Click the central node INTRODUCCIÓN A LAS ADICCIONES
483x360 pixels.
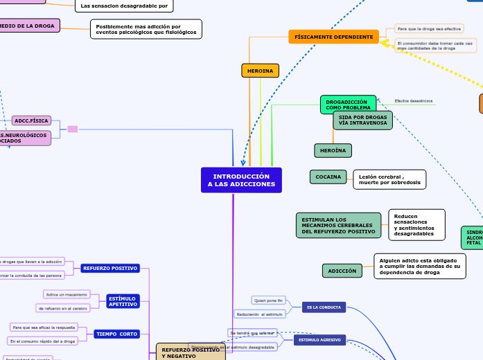241,180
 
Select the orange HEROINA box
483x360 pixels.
260,71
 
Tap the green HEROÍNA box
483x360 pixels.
333,150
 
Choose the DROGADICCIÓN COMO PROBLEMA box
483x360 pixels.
348,105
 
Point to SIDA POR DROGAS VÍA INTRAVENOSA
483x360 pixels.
362,120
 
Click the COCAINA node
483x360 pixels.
328,177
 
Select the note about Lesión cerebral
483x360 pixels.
389,179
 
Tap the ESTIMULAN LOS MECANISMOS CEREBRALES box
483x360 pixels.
338,226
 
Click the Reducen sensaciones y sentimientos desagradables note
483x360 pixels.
416,224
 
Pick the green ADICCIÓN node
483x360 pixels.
342,271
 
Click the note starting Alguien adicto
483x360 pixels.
419,266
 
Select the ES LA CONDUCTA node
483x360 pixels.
324,307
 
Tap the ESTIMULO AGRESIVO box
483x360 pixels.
319,341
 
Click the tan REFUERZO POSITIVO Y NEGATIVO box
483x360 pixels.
191,353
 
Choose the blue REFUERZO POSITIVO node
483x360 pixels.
110,268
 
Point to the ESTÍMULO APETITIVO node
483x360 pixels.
122,301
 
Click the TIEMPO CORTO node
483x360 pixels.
117,334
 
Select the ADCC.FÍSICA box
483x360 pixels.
31,120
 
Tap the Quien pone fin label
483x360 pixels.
269,300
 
